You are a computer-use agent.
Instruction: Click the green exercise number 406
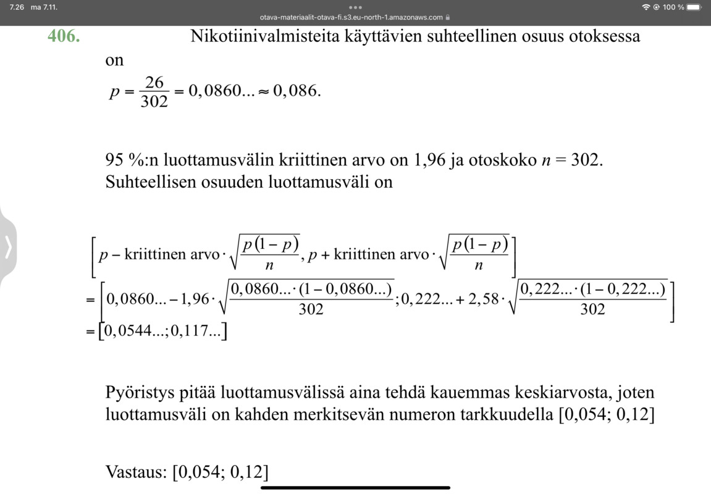coord(64,36)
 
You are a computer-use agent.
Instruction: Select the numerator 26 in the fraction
coord(154,82)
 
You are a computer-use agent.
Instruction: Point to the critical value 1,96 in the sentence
coord(429,160)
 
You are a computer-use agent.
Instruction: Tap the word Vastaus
coord(136,472)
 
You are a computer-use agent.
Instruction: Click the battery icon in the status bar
coord(695,7)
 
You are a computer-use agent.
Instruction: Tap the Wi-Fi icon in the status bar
coord(646,7)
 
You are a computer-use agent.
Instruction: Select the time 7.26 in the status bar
coord(17,7)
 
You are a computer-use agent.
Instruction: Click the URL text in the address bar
coord(351,17)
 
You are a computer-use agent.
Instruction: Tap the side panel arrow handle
coord(8,247)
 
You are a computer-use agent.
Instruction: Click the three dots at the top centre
coord(355,7)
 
